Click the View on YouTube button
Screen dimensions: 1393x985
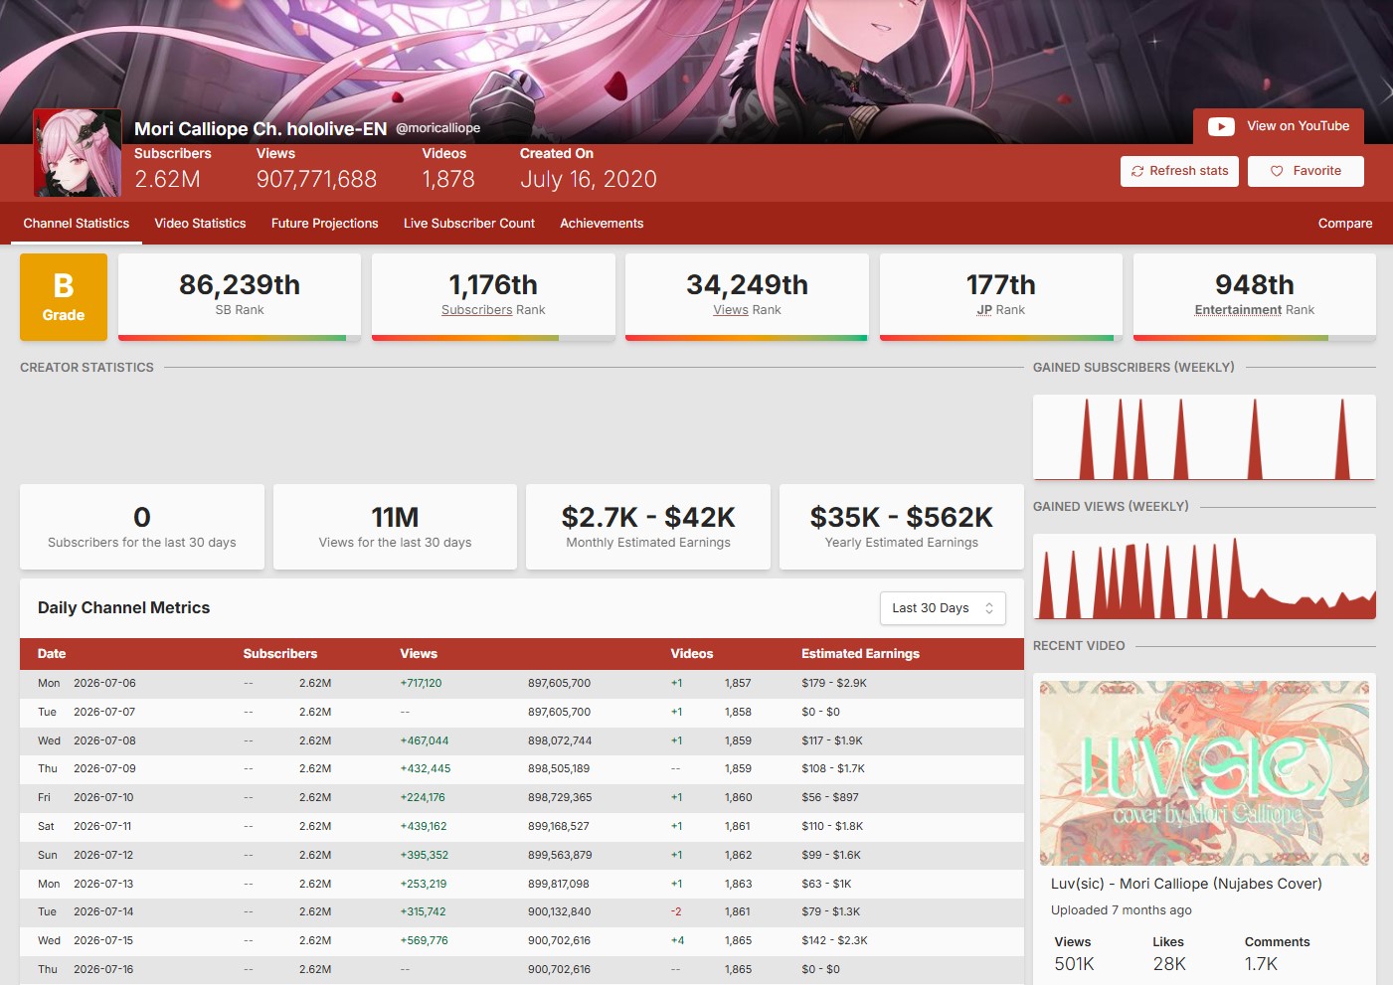[1278, 126]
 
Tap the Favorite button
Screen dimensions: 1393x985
[1306, 171]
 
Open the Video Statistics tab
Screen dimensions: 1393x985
[200, 224]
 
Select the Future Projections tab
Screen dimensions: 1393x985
[324, 224]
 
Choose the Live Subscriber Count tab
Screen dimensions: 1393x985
[469, 224]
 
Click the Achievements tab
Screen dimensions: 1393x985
[602, 224]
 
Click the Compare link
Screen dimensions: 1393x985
[1344, 224]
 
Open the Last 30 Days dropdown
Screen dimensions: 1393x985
[943, 607]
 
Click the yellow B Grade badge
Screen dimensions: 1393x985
[64, 296]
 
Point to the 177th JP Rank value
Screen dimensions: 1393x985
[1000, 285]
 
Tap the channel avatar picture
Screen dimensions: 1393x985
[78, 153]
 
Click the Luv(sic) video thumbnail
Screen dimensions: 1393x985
[1204, 773]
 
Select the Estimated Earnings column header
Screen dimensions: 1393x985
[860, 654]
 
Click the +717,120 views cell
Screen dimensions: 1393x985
[421, 683]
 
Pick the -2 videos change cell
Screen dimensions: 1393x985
[676, 911]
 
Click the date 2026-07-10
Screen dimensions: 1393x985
[103, 797]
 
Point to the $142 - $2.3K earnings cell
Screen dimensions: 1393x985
[834, 940]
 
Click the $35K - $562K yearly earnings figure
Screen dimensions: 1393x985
[901, 518]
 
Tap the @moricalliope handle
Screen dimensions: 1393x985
[437, 128]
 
